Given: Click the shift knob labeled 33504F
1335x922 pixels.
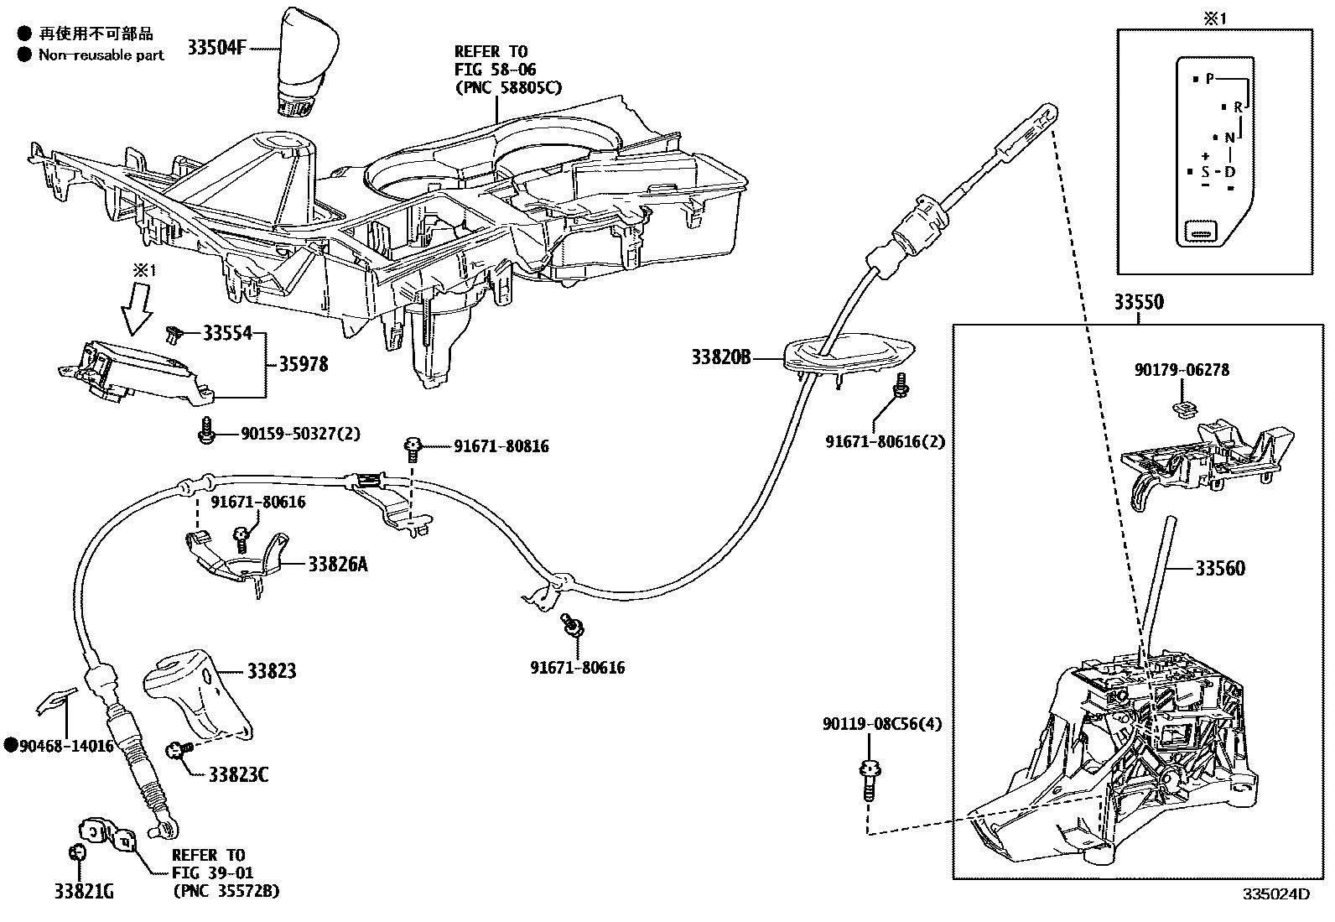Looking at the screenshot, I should (306, 63).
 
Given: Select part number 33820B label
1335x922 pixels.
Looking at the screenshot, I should (720, 358).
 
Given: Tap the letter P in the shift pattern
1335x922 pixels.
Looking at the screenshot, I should (1209, 79).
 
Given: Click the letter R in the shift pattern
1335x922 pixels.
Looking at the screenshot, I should (1238, 107).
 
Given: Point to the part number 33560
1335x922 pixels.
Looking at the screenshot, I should (1220, 569).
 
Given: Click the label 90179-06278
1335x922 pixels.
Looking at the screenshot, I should (1182, 370).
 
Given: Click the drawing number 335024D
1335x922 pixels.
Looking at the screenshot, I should (1275, 894).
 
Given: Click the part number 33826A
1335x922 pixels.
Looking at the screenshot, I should (337, 565).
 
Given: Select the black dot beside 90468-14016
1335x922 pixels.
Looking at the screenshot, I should (11, 745).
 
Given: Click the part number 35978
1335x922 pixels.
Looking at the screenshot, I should (303, 365).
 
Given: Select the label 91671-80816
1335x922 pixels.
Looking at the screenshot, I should (501, 447).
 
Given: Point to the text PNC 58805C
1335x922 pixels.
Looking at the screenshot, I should (507, 87).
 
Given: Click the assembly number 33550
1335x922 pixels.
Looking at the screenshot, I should (1138, 303).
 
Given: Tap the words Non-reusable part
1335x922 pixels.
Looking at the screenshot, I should (101, 55).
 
